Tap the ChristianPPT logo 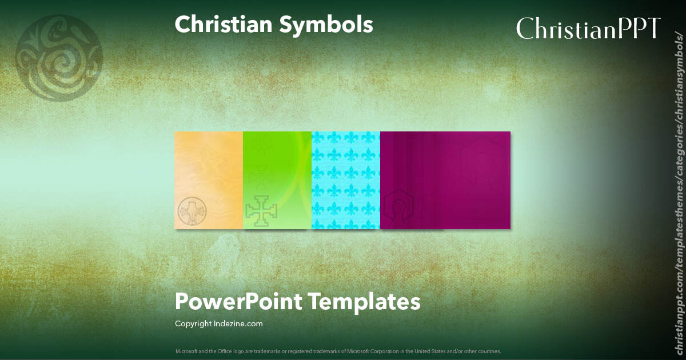(x=589, y=27)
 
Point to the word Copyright (x=193, y=324)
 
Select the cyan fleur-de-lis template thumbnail (x=346, y=180)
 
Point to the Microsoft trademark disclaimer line (x=338, y=351)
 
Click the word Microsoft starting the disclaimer (x=185, y=351)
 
